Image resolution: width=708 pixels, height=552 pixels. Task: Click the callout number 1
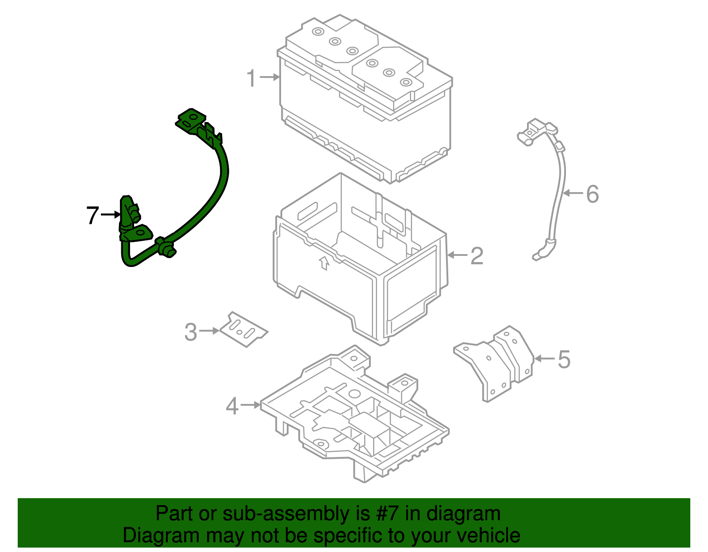click(251, 78)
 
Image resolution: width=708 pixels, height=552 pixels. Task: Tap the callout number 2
click(477, 256)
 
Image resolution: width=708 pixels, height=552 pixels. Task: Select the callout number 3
click(190, 332)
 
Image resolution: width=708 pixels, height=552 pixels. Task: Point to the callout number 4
click(232, 406)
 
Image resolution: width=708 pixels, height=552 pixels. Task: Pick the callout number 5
click(564, 359)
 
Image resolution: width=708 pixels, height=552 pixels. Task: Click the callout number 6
click(593, 194)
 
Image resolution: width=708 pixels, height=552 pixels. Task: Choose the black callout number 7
click(92, 215)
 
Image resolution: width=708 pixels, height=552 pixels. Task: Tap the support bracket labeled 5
click(496, 362)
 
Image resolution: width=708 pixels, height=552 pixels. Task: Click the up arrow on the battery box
click(324, 263)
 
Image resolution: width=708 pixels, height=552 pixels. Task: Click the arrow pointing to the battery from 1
click(270, 77)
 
